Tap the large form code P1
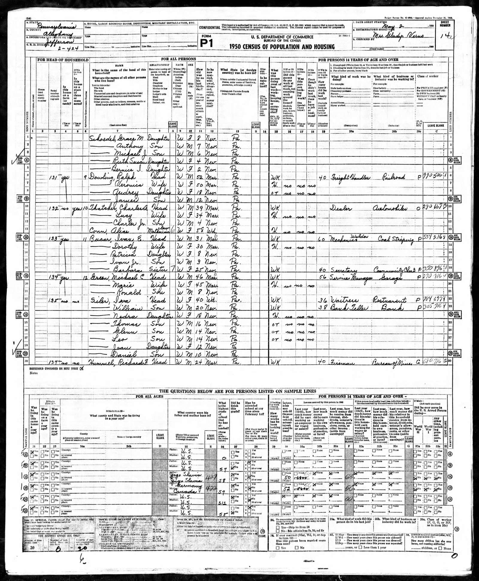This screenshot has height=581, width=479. point(206,43)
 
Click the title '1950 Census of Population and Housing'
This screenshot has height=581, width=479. point(282,47)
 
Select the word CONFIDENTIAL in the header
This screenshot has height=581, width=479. point(210,28)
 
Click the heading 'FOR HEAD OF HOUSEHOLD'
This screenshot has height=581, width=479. point(63,60)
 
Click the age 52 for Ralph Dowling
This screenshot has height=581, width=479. point(200,177)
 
